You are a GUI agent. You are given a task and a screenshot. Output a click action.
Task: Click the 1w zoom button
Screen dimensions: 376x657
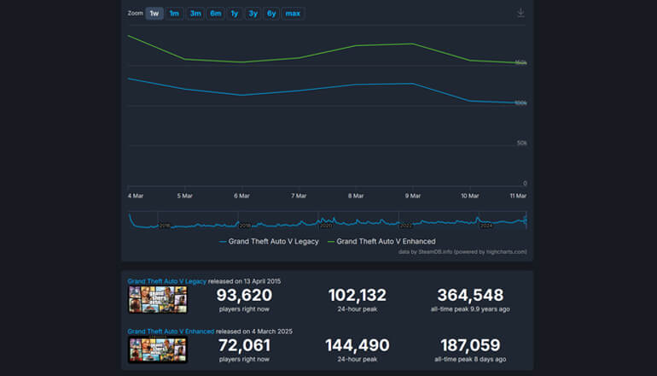[x=154, y=14]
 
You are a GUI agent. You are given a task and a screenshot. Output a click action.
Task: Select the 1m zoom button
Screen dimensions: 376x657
[x=174, y=14]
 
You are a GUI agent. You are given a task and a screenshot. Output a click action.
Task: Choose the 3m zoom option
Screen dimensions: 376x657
[x=195, y=14]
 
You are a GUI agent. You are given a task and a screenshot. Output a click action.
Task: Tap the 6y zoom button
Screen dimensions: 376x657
[x=270, y=14]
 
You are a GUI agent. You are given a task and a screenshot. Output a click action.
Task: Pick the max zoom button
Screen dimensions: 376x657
[x=293, y=14]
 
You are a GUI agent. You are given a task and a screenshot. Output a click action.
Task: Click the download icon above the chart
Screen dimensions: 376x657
[x=520, y=13]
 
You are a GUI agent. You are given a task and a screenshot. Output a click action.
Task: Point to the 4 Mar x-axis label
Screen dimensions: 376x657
[x=137, y=196]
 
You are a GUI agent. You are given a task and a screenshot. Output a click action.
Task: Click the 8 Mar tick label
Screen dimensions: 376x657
[x=356, y=196]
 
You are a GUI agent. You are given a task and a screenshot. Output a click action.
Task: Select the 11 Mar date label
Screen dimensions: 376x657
[x=518, y=196]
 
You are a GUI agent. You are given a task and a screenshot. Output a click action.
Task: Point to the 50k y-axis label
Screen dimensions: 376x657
[x=520, y=143]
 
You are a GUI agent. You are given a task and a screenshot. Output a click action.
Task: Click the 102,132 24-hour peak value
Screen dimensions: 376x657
[x=357, y=295]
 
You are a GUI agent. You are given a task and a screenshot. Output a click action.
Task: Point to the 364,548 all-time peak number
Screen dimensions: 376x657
[x=470, y=295]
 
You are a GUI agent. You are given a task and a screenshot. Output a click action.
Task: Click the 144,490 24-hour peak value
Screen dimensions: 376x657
[x=357, y=345]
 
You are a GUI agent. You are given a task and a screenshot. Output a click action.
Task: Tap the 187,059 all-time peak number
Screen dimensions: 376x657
[x=470, y=345]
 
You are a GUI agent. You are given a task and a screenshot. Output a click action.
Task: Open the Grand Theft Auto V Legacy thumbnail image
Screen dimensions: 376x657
[x=157, y=299]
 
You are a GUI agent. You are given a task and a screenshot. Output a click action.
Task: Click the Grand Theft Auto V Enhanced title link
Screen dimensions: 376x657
[x=170, y=331]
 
